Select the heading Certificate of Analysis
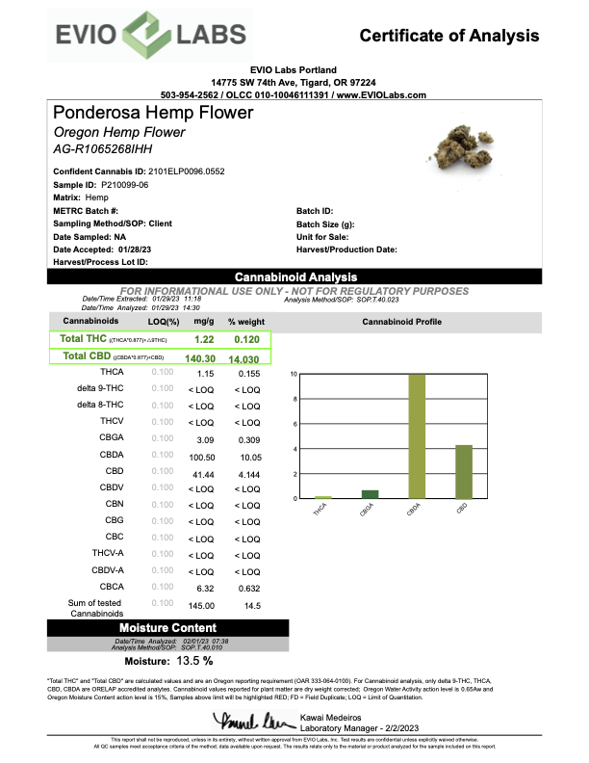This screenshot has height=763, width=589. pyautogui.click(x=449, y=36)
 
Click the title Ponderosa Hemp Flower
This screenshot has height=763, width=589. pyautogui.click(x=154, y=113)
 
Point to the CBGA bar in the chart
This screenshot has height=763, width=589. pyautogui.click(x=370, y=494)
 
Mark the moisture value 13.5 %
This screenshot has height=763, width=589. pyautogui.click(x=167, y=661)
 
